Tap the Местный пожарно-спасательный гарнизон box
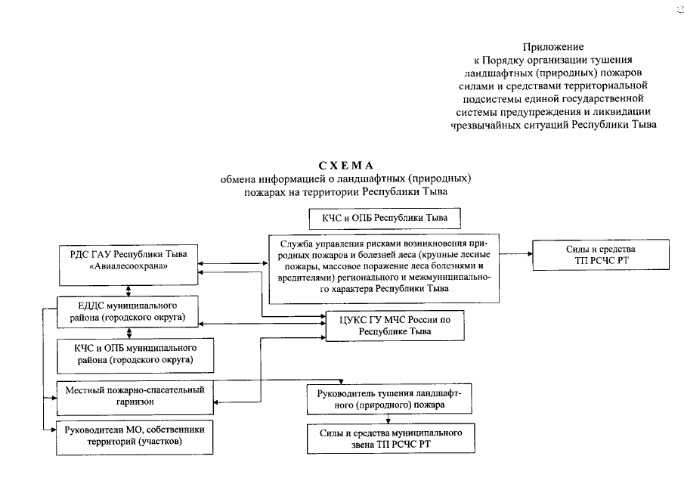click(135, 397)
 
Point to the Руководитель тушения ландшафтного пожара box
click(390, 399)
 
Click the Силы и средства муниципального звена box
click(390, 439)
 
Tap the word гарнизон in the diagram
click(136, 403)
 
